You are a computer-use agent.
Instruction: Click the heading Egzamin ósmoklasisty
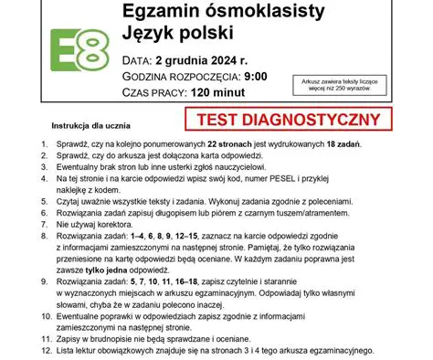pos(213,13)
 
